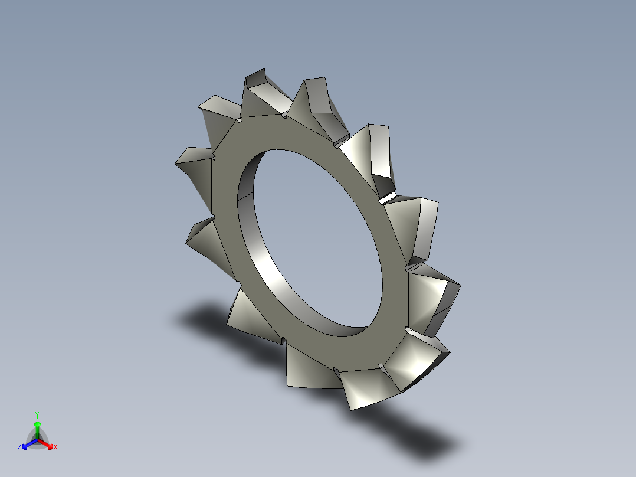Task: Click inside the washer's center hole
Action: pyautogui.click(x=313, y=236)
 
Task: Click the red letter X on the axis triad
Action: pyautogui.click(x=55, y=447)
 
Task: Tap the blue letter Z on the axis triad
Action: pyautogui.click(x=19, y=447)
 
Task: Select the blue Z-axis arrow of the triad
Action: pyautogui.click(x=28, y=443)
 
